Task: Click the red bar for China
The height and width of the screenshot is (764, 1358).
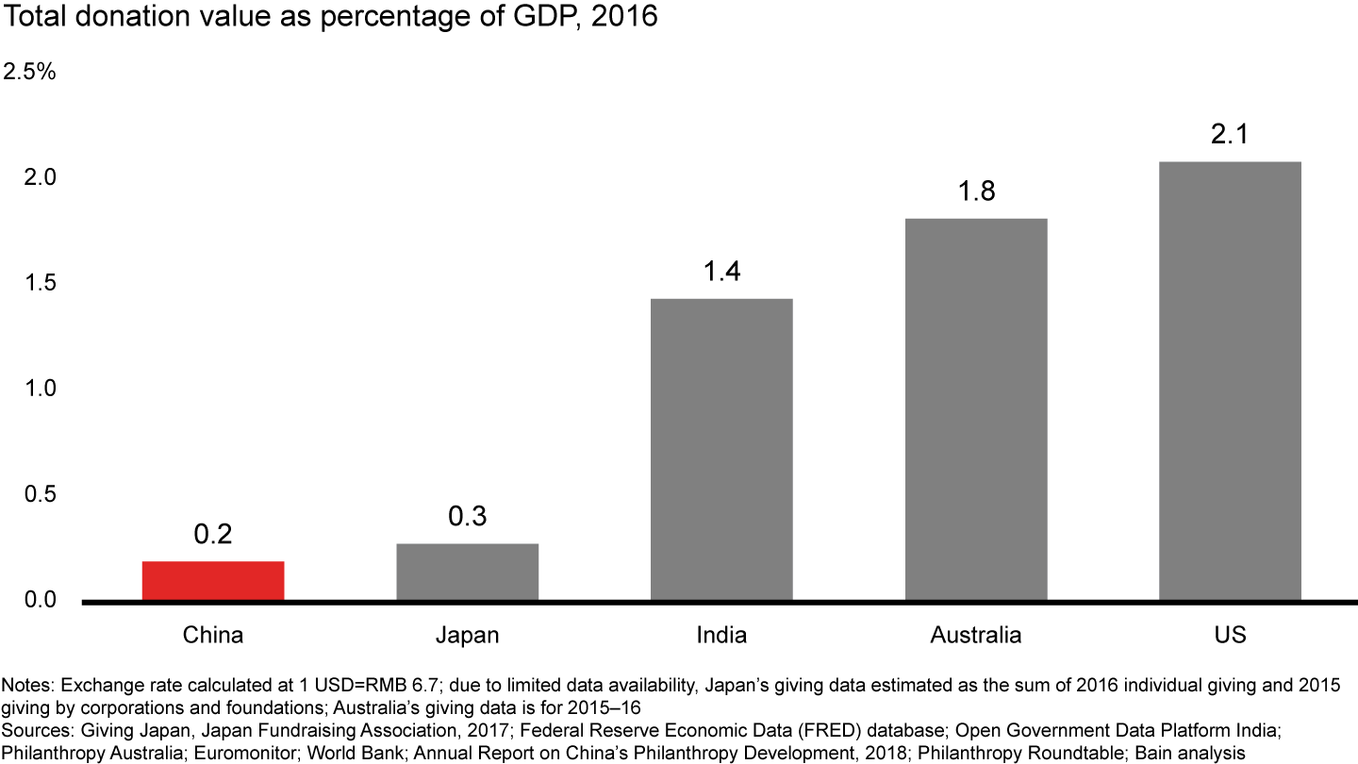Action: pos(213,580)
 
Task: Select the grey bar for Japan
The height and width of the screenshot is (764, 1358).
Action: pos(468,572)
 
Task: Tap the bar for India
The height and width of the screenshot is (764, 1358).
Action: pos(721,449)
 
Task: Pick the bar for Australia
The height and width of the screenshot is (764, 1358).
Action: pos(976,409)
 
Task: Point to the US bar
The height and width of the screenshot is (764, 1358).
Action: pos(1230,381)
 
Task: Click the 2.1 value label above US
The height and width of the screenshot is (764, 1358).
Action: pos(1230,135)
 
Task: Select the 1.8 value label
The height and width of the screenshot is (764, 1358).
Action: pos(976,191)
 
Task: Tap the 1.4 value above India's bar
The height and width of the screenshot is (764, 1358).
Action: pos(721,273)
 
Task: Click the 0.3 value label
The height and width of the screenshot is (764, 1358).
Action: pos(468,517)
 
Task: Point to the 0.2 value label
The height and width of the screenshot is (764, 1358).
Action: pos(213,535)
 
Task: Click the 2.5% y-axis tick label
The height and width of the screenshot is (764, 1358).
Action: pos(30,73)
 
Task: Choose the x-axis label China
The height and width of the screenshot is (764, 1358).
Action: pos(213,635)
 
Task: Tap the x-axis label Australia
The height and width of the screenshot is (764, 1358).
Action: pos(976,635)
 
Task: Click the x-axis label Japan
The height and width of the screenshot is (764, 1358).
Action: pos(468,635)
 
